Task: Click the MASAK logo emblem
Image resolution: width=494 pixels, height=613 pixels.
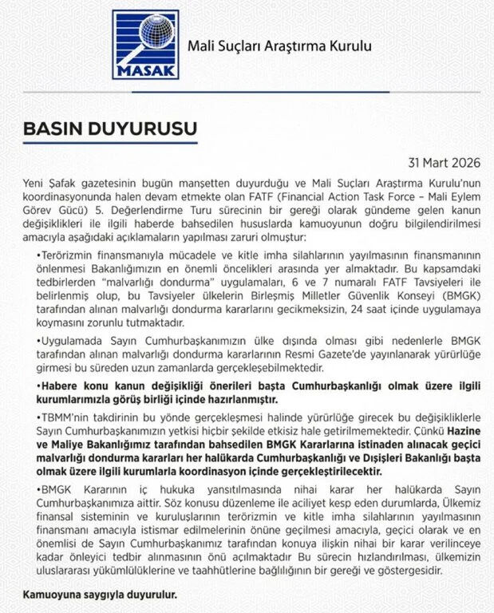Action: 145,44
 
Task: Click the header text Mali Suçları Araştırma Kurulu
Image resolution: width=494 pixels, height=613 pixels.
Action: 279,45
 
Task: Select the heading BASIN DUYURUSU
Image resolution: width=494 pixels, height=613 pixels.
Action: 109,128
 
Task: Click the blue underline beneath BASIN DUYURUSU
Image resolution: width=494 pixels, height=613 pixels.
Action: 109,144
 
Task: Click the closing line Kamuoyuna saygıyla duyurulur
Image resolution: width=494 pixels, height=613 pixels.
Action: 100,595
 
